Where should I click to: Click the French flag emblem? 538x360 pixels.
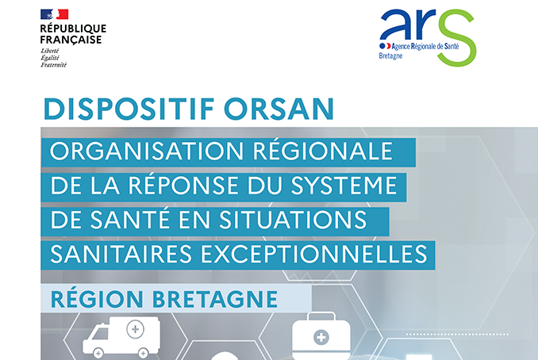click(53, 14)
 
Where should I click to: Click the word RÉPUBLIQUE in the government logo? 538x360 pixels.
click(72, 29)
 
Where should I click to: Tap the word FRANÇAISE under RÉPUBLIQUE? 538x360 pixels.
click(71, 40)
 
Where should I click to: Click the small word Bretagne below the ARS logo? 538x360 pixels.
click(391, 58)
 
